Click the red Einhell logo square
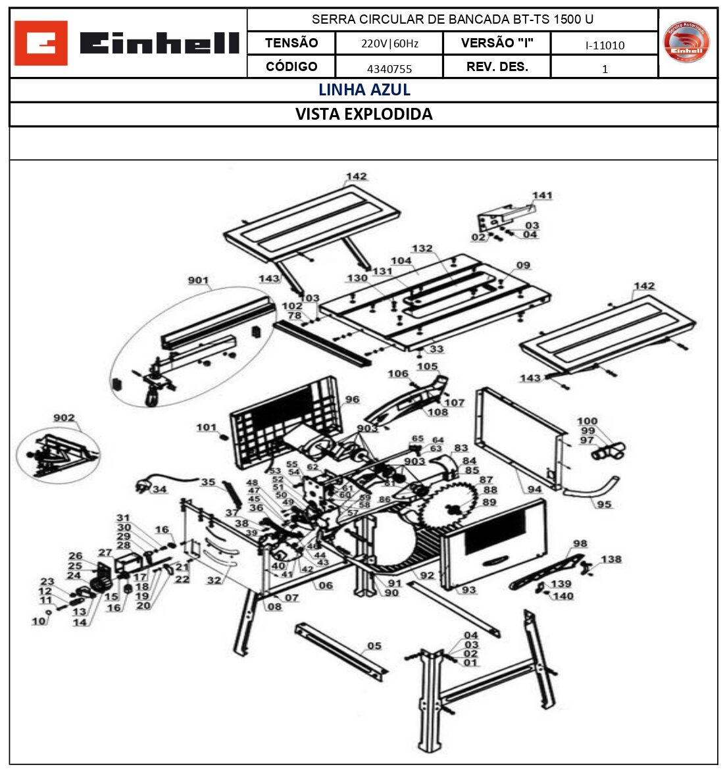[x=41, y=43]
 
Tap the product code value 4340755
[x=389, y=68]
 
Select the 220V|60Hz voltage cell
[x=389, y=44]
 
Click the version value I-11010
[x=605, y=45]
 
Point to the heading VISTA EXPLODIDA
[x=364, y=114]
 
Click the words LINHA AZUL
[x=364, y=90]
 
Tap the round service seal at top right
[x=686, y=43]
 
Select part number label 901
[x=198, y=281]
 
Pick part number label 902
[x=64, y=418]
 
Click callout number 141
[x=542, y=195]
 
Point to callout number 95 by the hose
[x=604, y=505]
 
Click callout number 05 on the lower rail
[x=374, y=645]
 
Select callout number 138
[x=611, y=559]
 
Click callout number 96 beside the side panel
[x=352, y=399]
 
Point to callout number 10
[x=39, y=621]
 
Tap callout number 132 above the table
[x=422, y=249]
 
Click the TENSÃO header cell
[x=291, y=43]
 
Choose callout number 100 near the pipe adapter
[x=587, y=421]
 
